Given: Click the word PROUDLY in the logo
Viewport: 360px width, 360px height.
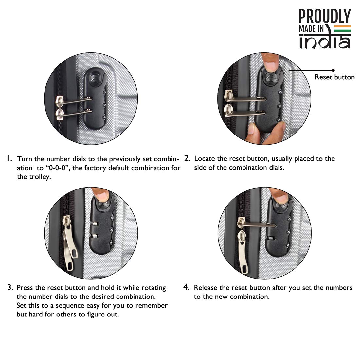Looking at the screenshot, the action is coord(325,16).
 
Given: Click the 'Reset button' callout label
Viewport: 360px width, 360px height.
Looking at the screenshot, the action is coord(334,77).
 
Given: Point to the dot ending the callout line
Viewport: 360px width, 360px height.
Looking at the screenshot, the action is coord(333,70).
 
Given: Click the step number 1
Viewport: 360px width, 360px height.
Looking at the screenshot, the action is coord(9,158).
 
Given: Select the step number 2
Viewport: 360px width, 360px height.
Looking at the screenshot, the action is coord(187,158).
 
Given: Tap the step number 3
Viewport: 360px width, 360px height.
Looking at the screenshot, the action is coord(10,287).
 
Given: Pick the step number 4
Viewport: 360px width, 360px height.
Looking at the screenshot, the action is coord(187,287).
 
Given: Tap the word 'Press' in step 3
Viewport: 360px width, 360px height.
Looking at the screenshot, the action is coord(25,287).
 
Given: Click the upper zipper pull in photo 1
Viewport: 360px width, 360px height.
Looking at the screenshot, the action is coord(74,101).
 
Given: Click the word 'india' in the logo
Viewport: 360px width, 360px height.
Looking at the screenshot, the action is coord(325,41).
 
